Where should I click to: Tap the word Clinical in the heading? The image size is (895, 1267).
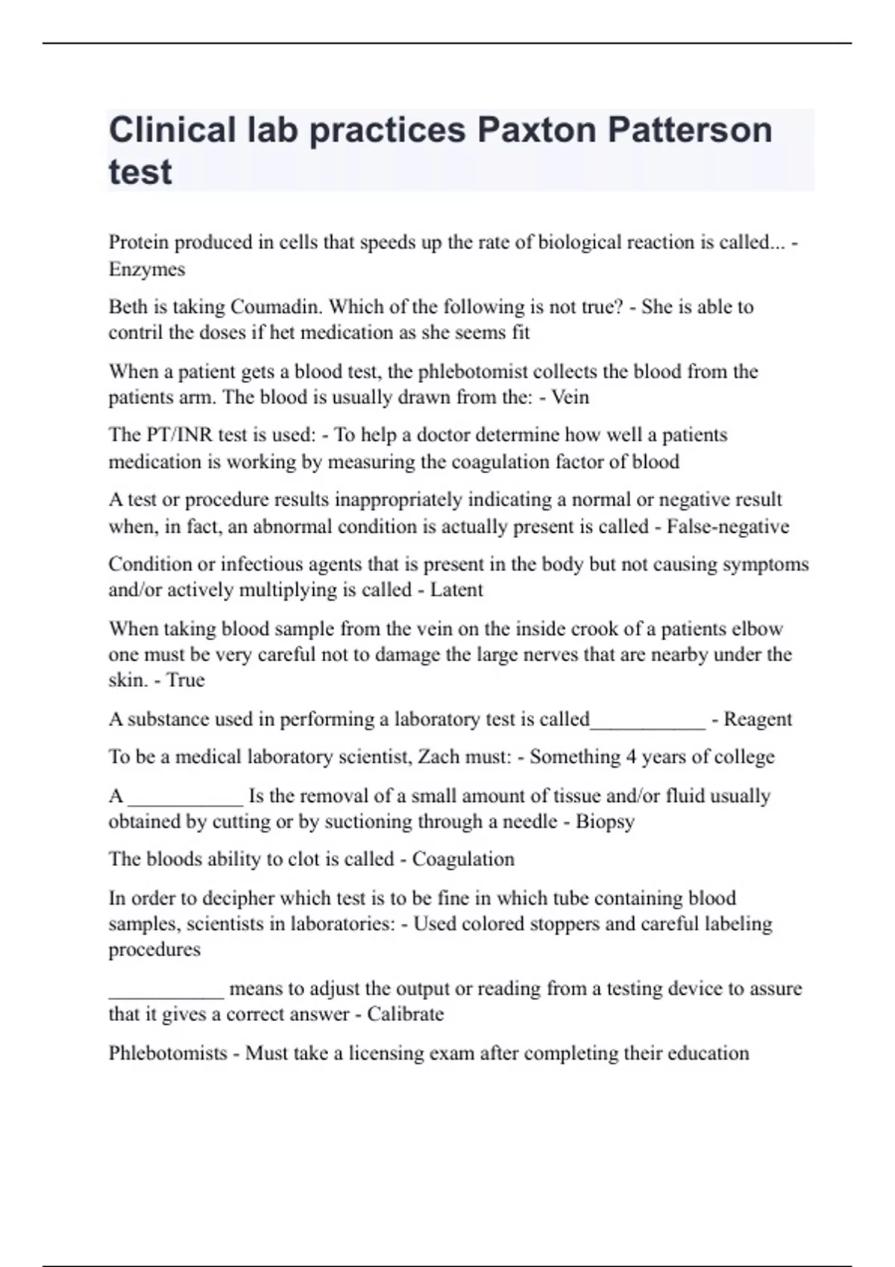tap(172, 130)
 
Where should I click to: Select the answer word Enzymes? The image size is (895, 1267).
tap(147, 269)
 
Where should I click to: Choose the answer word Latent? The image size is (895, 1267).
tap(456, 590)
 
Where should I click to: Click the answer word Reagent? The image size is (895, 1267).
tap(758, 719)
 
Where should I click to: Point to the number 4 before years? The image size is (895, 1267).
tap(631, 756)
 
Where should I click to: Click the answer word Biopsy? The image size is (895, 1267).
tap(605, 821)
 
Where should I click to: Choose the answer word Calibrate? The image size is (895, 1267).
tap(405, 1014)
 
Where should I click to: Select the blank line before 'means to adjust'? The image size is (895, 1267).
tap(166, 993)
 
